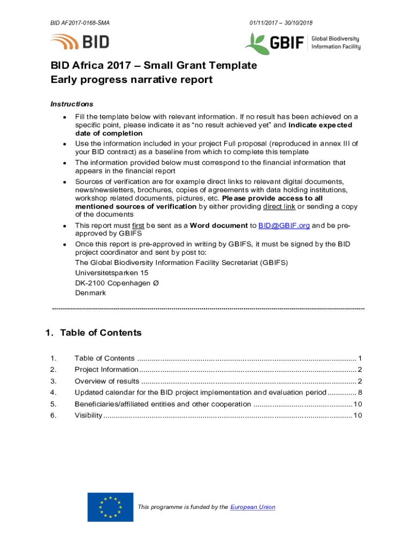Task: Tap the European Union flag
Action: coord(110,507)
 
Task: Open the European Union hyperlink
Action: coord(253,507)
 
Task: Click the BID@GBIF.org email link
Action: coord(284,226)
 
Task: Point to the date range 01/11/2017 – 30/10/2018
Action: coord(281,23)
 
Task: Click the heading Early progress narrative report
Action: coord(132,80)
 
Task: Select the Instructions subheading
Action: coord(72,104)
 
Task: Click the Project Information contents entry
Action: coord(106,370)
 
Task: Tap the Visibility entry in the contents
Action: coord(88,416)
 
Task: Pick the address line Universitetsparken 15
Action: coord(112,272)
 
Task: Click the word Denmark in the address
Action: coord(90,293)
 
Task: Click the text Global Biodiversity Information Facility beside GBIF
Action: coord(335,43)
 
